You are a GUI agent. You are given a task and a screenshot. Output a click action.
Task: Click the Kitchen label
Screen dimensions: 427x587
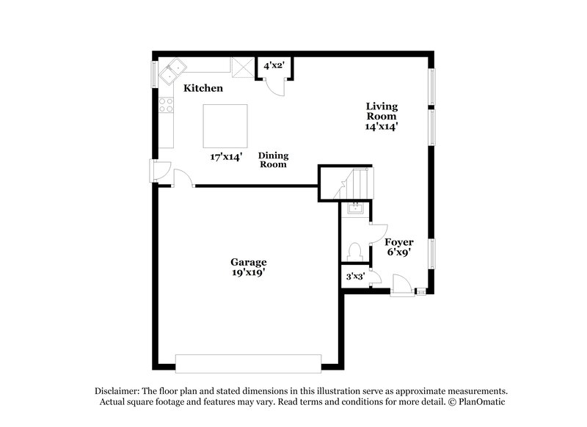pyautogui.click(x=203, y=88)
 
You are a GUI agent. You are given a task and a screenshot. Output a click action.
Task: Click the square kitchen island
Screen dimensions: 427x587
pyautogui.click(x=225, y=125)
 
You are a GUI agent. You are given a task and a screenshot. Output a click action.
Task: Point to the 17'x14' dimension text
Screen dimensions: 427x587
pyautogui.click(x=226, y=156)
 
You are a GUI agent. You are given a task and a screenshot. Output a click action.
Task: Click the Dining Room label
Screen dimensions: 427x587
pyautogui.click(x=273, y=160)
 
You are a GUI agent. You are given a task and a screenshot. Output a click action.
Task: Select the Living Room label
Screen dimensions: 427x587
pyautogui.click(x=382, y=111)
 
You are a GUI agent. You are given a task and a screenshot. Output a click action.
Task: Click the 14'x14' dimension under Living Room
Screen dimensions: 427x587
pyautogui.click(x=382, y=126)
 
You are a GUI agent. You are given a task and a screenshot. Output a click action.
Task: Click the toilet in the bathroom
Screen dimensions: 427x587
pyautogui.click(x=356, y=251)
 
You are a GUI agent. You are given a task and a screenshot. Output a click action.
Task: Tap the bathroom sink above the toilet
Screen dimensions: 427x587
pyautogui.click(x=355, y=208)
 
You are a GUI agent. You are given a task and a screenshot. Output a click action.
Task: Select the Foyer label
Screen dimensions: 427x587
pyautogui.click(x=399, y=242)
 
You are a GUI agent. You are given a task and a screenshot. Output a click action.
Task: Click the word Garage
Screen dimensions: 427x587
pyautogui.click(x=249, y=262)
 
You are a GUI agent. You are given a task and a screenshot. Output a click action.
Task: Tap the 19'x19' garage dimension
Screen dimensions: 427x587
pyautogui.click(x=249, y=274)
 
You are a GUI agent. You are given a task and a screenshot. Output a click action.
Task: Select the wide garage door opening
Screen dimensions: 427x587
pyautogui.click(x=248, y=363)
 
